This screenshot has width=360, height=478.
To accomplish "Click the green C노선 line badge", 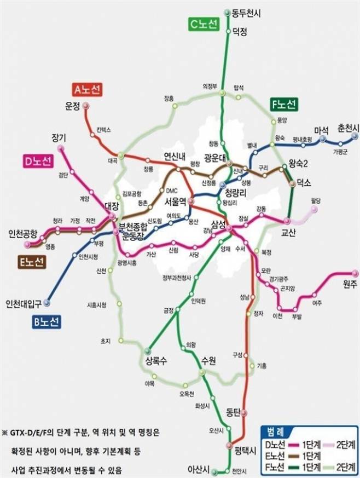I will point(204,24).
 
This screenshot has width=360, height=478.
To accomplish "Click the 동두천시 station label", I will point(247,13).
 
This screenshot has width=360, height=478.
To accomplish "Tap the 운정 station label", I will point(73,105).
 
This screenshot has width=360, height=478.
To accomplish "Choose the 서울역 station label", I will point(176,201).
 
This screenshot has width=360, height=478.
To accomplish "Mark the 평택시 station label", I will point(245,450).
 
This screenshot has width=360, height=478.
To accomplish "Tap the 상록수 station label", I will point(156,361).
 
